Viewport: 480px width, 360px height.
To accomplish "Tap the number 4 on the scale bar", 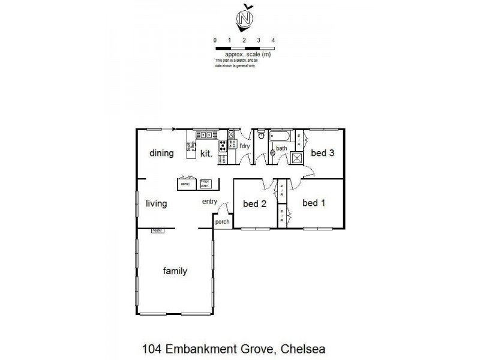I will pyautogui.click(x=274, y=40).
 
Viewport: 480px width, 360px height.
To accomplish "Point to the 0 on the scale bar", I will pyautogui.click(x=215, y=40).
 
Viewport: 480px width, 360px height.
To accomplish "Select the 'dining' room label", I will pyautogui.click(x=161, y=153).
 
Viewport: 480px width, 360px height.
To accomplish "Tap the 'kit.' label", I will pyautogui.click(x=207, y=153).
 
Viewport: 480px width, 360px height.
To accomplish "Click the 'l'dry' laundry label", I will pyautogui.click(x=244, y=146).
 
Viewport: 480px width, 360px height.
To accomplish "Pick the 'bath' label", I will pyautogui.click(x=281, y=148).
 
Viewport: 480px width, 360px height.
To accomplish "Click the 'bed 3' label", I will pyautogui.click(x=322, y=153).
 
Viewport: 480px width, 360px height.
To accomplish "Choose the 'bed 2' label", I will pyautogui.click(x=254, y=204).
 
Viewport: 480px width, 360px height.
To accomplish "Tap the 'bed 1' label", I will pyautogui.click(x=314, y=203).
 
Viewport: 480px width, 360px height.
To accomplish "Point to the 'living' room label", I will pyautogui.click(x=156, y=204).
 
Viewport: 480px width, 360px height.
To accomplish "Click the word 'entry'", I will pyautogui.click(x=209, y=202).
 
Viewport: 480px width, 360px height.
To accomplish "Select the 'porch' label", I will pyautogui.click(x=223, y=222).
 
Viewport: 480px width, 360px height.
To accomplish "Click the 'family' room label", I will pyautogui.click(x=175, y=271).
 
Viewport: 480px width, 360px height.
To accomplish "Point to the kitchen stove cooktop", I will pyautogui.click(x=222, y=145).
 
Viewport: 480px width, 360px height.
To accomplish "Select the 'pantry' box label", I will pyautogui.click(x=185, y=184).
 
